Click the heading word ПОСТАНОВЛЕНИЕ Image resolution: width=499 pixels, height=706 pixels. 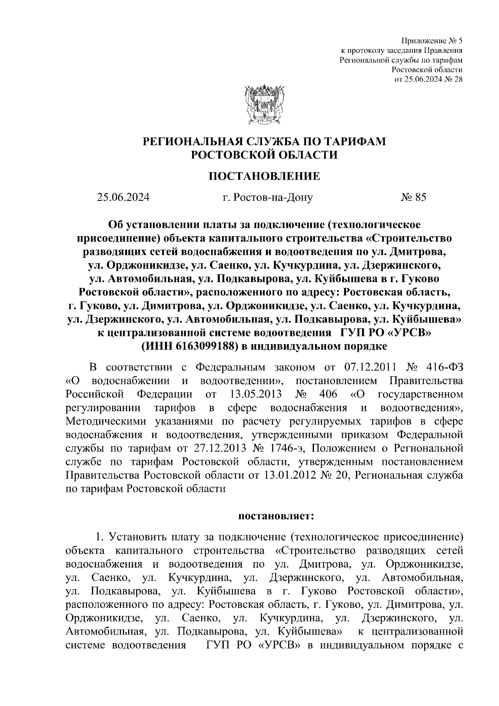tap(264, 176)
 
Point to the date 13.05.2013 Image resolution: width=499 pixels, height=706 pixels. tap(255, 394)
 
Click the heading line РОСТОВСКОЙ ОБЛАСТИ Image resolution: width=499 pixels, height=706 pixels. tap(264, 155)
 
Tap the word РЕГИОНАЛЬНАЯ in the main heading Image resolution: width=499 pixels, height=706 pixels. tap(189, 141)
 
